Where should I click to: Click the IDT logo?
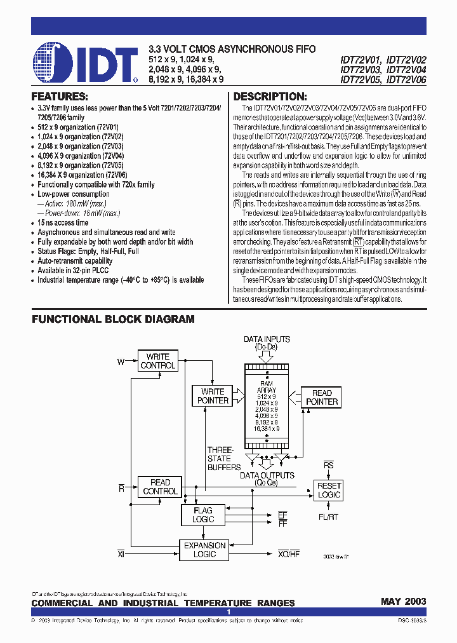[x=85, y=64]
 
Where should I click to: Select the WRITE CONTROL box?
[x=158, y=361]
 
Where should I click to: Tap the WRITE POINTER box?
[x=213, y=396]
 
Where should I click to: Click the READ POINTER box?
[x=322, y=397]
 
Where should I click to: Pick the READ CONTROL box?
[x=160, y=487]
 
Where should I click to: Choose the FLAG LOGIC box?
[x=203, y=515]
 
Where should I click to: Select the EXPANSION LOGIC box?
[x=204, y=550]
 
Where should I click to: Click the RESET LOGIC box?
[x=329, y=490]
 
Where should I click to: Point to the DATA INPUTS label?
[x=267, y=339]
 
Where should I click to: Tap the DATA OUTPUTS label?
[x=267, y=475]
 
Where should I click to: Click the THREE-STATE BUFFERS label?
[x=223, y=458]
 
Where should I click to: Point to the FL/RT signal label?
[x=329, y=517]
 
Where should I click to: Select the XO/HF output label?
[x=289, y=553]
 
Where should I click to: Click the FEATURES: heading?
[x=60, y=97]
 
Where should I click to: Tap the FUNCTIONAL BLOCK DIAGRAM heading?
[x=113, y=319]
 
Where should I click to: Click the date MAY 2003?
[x=403, y=602]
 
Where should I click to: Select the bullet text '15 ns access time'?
[x=63, y=223]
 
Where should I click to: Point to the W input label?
[x=121, y=362]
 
